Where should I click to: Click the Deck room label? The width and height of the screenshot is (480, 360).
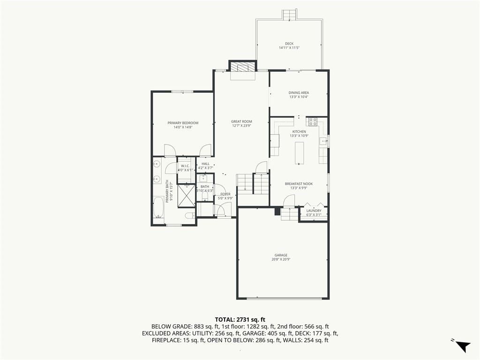[x=289, y=44]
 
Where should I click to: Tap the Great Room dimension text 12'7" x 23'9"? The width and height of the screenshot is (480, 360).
[x=241, y=126]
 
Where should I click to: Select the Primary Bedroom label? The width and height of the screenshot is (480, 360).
[x=183, y=123]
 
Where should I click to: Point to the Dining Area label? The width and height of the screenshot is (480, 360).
[x=299, y=93]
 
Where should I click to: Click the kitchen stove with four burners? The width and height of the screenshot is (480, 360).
[x=313, y=122]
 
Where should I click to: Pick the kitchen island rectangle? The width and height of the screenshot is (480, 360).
[x=300, y=153]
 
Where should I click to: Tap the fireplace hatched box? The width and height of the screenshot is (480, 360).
[x=243, y=67]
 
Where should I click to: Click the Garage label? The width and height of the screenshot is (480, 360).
[x=281, y=255]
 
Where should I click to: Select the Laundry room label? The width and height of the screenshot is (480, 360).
[x=314, y=210]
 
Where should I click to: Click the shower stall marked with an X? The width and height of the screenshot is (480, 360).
[x=186, y=196]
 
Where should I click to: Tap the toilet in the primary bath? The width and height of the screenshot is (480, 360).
[x=190, y=215]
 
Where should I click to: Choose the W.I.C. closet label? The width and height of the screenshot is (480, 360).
[x=185, y=166]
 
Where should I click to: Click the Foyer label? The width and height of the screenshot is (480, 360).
[x=225, y=194]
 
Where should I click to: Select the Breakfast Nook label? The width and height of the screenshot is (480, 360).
[x=299, y=184]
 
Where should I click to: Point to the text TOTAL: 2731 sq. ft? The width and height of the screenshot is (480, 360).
[x=240, y=320]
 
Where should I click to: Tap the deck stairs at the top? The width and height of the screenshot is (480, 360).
[x=289, y=15]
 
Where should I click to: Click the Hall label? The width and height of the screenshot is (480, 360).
[x=205, y=164]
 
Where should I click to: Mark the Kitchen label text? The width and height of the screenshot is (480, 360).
[x=299, y=132]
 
